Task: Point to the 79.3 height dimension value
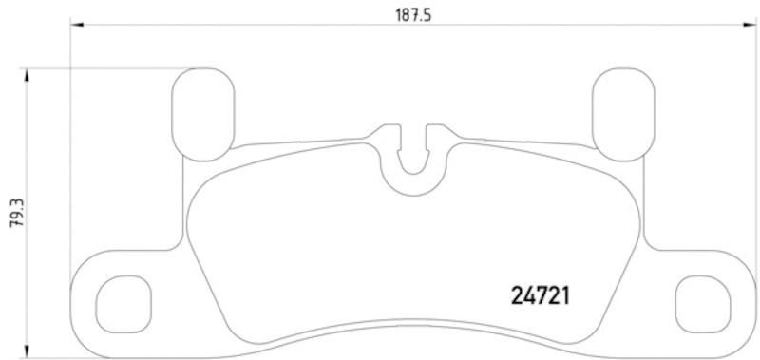point(14,211)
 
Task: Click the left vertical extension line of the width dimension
point(72,142)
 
